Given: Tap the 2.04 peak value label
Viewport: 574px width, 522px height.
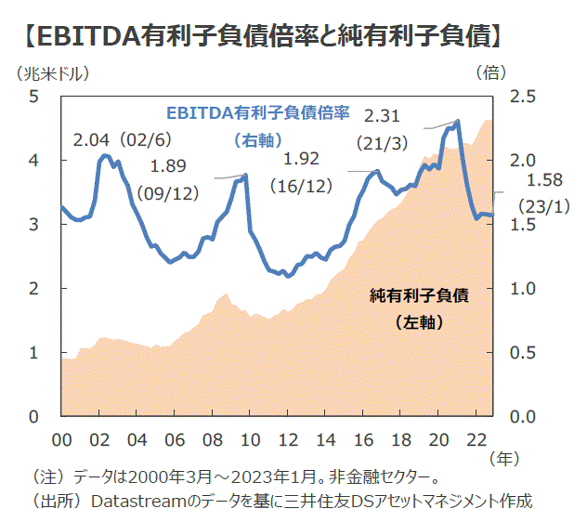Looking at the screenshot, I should coord(91,141).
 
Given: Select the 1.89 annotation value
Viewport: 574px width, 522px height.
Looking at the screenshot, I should coord(168,166).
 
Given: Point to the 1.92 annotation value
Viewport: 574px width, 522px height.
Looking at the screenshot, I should coord(301,158).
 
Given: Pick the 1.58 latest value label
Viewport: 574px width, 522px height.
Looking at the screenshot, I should coord(545,180).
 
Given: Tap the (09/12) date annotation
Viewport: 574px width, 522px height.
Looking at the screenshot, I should coord(168,193).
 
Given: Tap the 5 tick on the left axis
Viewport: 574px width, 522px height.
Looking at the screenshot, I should coord(34,97).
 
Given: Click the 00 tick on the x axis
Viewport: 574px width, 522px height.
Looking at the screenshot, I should coord(63,438).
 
